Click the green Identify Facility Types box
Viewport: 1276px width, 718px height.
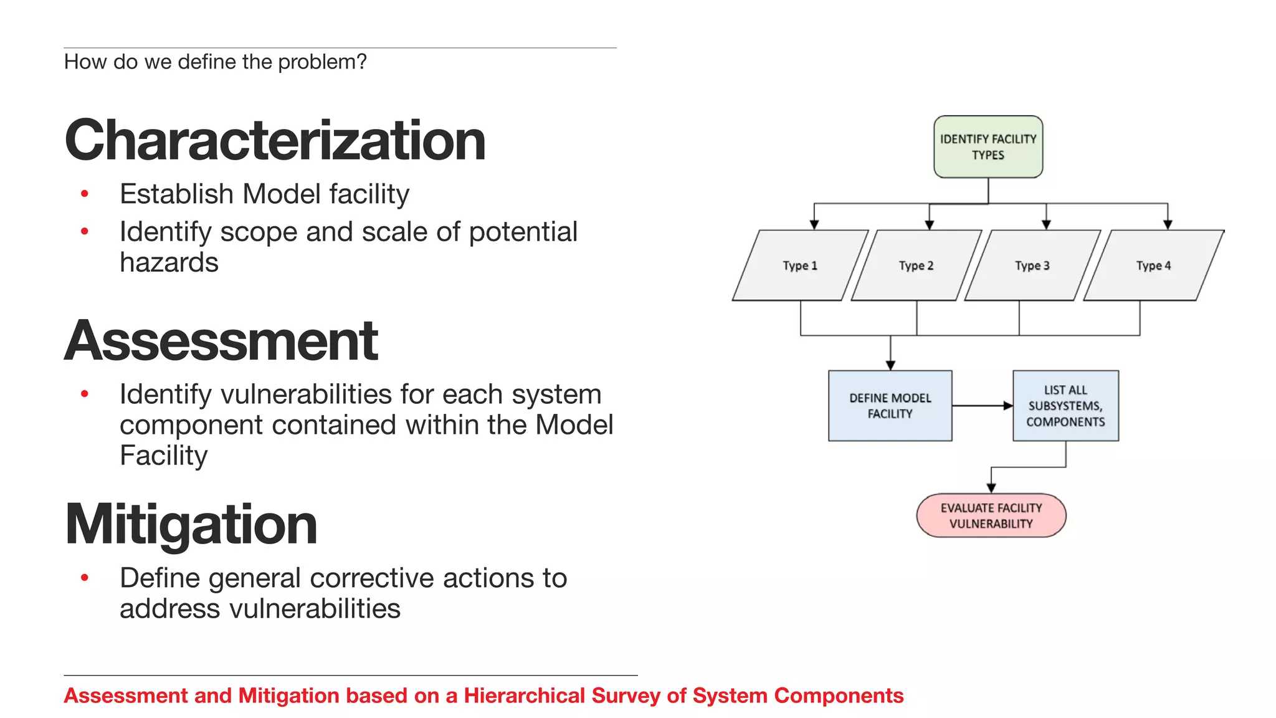(x=988, y=147)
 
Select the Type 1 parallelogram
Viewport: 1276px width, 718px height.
(x=800, y=266)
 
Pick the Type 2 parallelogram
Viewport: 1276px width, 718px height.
(x=916, y=266)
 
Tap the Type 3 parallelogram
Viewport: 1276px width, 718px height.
(x=1032, y=266)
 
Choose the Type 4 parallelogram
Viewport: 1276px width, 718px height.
(x=1153, y=266)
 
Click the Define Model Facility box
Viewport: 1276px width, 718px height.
(x=890, y=406)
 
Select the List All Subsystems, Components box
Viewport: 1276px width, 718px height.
(x=1065, y=406)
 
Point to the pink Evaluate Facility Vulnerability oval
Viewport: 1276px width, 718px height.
(x=991, y=515)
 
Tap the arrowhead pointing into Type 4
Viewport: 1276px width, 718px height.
(x=1168, y=224)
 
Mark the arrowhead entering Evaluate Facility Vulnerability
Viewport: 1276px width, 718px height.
(x=991, y=488)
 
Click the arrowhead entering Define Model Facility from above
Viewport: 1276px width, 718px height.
(x=890, y=365)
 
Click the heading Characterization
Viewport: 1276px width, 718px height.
(x=275, y=140)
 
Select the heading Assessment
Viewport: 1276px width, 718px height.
(x=221, y=340)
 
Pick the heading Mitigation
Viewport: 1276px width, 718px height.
(x=191, y=524)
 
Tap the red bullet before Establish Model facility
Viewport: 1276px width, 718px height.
(x=85, y=194)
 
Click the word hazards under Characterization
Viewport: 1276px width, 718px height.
(x=169, y=262)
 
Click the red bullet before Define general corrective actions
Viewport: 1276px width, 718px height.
(x=85, y=578)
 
